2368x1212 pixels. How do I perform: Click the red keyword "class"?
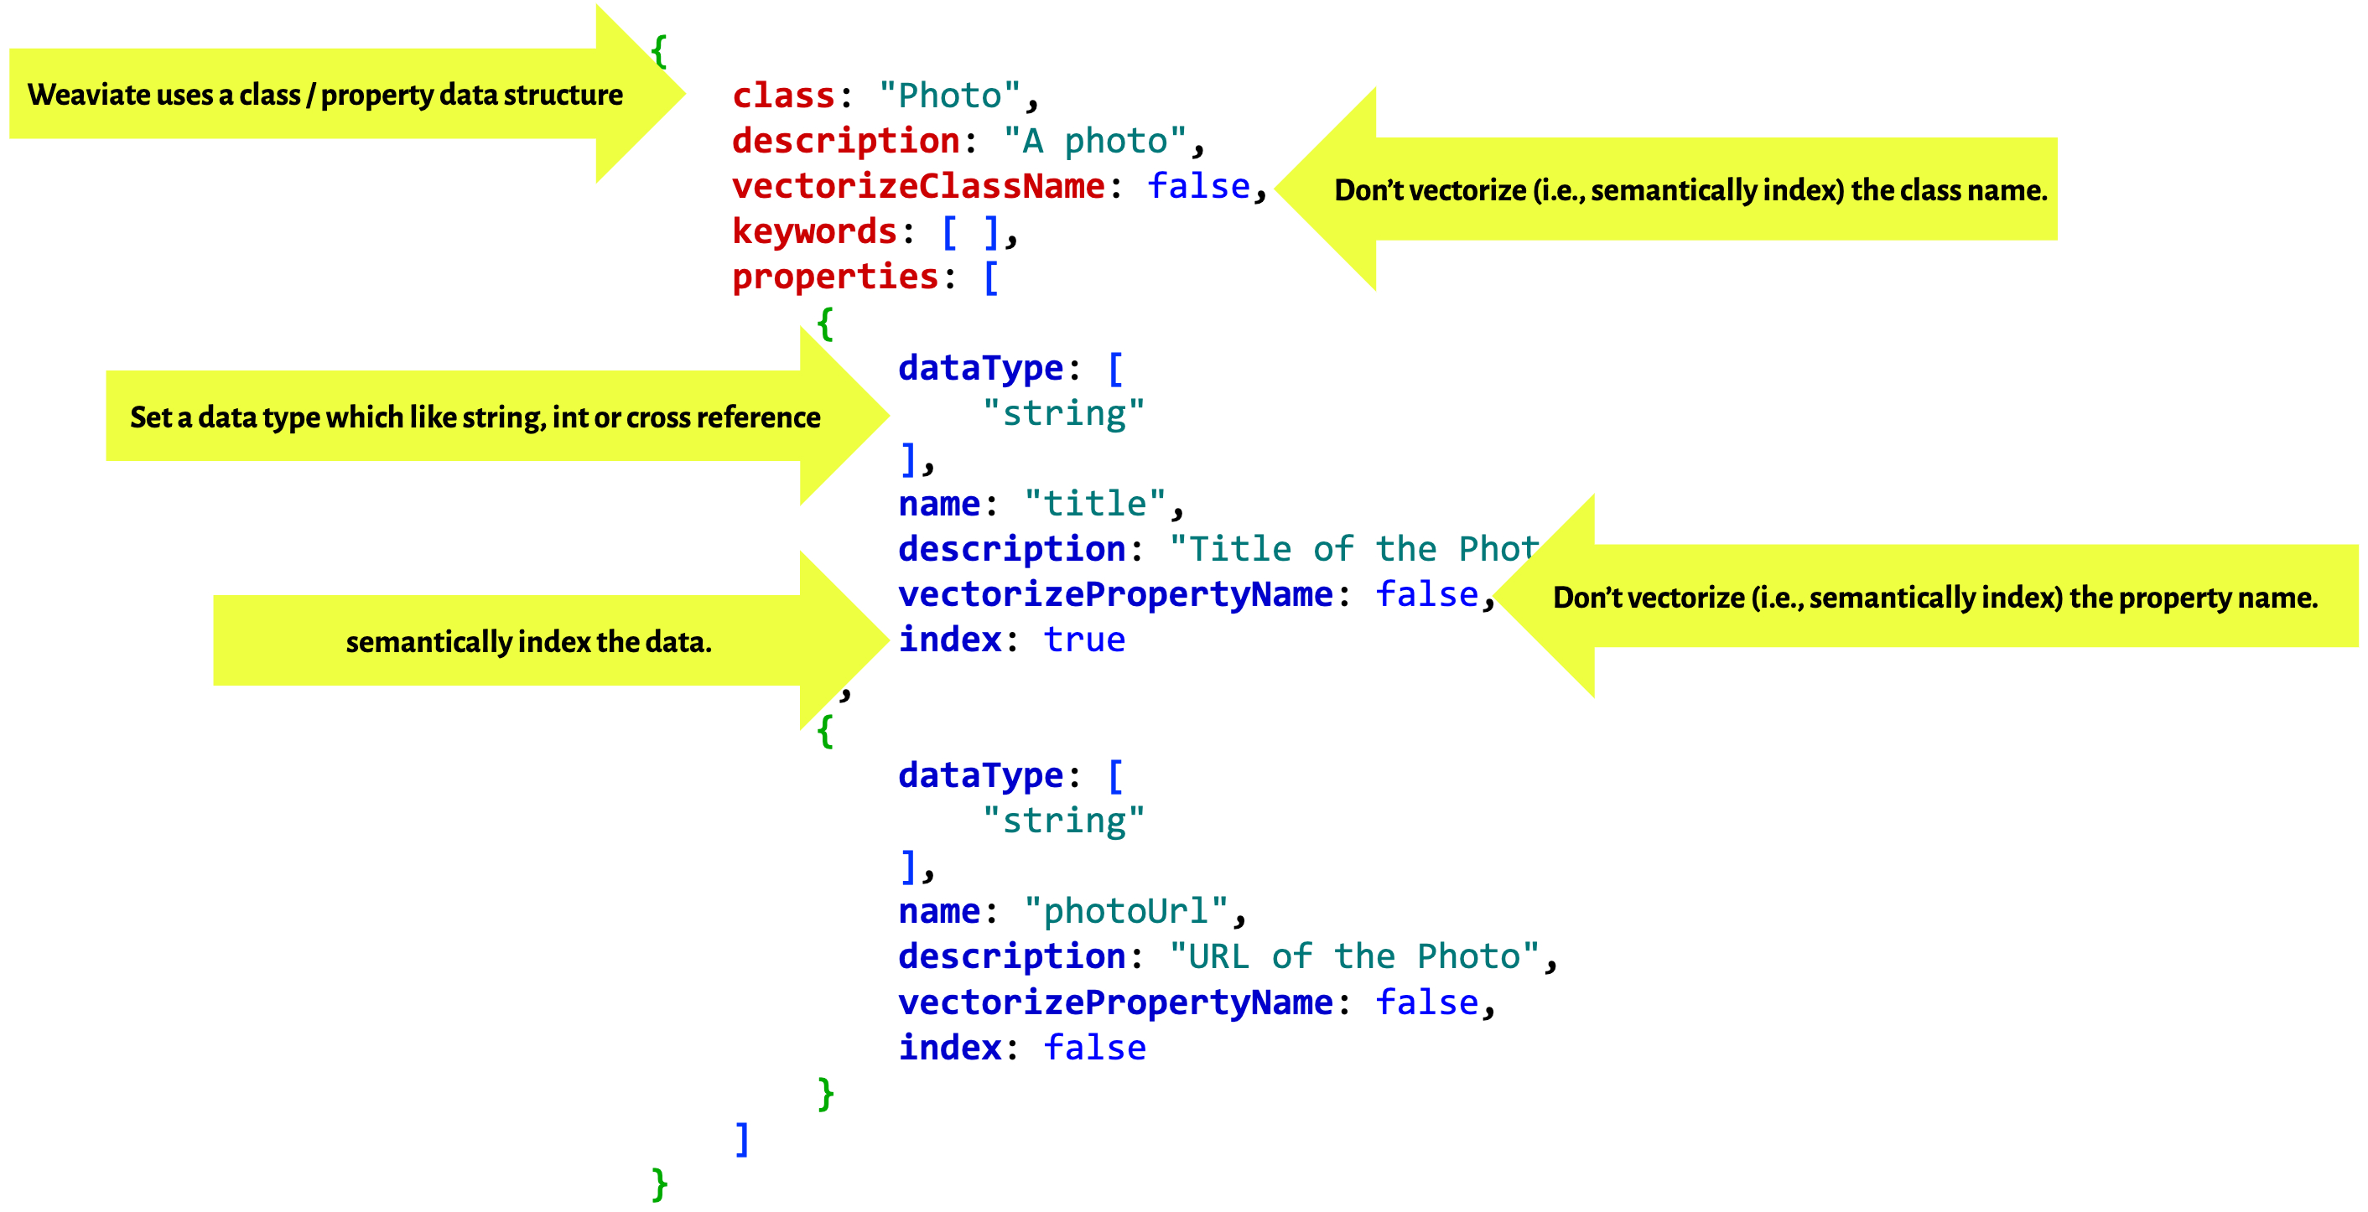pyautogui.click(x=783, y=96)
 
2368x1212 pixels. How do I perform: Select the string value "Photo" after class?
pyautogui.click(x=949, y=96)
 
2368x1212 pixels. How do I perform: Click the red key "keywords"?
pyautogui.click(x=813, y=230)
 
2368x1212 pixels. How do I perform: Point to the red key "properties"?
pyautogui.click(x=834, y=276)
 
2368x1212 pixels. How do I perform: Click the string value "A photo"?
pyautogui.click(x=1094, y=141)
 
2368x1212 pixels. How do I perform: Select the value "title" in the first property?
pyautogui.click(x=1095, y=503)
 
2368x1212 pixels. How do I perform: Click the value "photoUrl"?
pyautogui.click(x=1126, y=910)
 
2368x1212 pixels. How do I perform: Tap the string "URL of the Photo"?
pyautogui.click(x=1354, y=956)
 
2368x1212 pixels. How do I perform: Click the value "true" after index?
pyautogui.click(x=1084, y=639)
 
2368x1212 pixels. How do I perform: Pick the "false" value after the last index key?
pyautogui.click(x=1094, y=1047)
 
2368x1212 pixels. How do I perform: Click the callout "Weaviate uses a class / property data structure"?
pyautogui.click(x=325, y=95)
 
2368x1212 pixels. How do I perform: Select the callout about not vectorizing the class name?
pyautogui.click(x=1690, y=190)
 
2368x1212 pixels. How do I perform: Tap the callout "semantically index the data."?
pyautogui.click(x=528, y=641)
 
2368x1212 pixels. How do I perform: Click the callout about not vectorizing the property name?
pyautogui.click(x=1935, y=598)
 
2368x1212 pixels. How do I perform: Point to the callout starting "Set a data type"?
pyautogui.click(x=475, y=417)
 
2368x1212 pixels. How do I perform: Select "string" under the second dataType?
pyautogui.click(x=1063, y=820)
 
